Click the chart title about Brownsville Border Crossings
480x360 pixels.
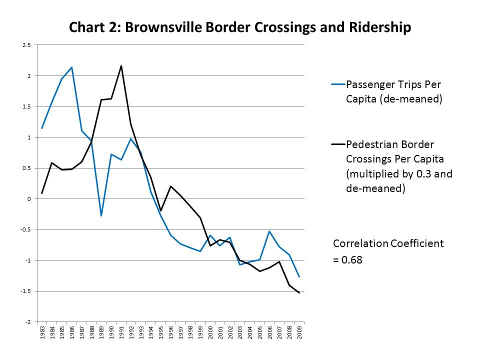click(x=239, y=27)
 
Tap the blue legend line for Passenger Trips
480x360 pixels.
click(x=338, y=84)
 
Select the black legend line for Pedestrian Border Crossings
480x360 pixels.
click(x=338, y=145)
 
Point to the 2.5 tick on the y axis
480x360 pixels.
click(x=26, y=45)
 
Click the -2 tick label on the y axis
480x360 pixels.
click(x=27, y=322)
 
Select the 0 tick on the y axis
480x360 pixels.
click(x=29, y=199)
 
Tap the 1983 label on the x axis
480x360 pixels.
click(x=42, y=332)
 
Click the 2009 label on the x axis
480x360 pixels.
click(x=299, y=332)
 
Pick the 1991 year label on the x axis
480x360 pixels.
click(x=121, y=332)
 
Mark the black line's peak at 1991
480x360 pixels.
click(x=121, y=65)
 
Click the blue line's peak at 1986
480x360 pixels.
click(x=71, y=67)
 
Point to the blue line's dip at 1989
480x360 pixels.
click(x=101, y=216)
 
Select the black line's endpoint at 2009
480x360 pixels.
click(x=299, y=293)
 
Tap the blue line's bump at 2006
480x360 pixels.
click(x=269, y=231)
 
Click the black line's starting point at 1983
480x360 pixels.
click(x=42, y=193)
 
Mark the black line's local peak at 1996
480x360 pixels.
click(x=170, y=186)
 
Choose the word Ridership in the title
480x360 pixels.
click(x=379, y=27)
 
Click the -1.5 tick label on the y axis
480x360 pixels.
click(x=26, y=291)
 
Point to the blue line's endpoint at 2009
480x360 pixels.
click(x=299, y=277)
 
